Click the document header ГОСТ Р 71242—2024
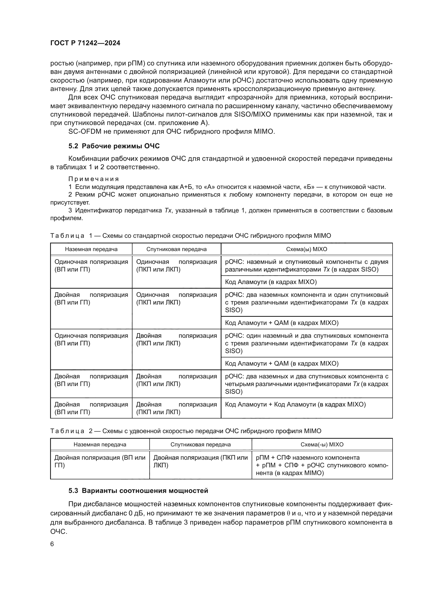pos(85,43)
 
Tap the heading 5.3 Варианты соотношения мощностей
pos(138,491)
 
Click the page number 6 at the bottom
pos(52,544)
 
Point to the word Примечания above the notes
pos(94,179)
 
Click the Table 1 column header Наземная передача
pos(91,249)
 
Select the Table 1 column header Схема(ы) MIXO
pos(306,249)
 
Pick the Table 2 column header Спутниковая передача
pos(200,445)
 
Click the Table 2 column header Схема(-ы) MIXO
pos(322,445)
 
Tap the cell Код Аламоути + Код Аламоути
pos(295,404)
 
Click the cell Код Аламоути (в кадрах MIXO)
pos(271,282)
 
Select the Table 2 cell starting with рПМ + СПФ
pos(322,465)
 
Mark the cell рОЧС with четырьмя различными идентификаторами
pos(306,384)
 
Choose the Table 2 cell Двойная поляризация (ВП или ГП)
pos(100,461)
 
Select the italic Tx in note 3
pos(168,210)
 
